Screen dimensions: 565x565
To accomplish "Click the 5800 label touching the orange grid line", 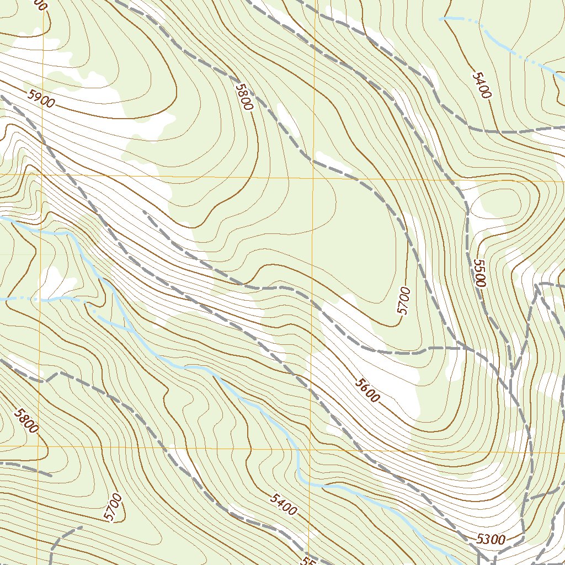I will (x=26, y=420).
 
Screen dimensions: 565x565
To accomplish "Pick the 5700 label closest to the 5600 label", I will (x=404, y=301).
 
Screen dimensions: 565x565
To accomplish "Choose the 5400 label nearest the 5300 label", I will (x=284, y=504).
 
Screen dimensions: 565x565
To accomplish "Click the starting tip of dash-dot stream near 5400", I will (x=440, y=19).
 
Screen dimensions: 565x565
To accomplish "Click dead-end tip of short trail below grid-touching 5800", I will (x=51, y=474).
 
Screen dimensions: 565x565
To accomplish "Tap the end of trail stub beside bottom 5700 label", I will (x=82, y=527).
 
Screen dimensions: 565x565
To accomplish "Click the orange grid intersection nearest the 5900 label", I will (x=42, y=175).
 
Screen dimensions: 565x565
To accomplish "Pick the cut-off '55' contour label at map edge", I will (x=309, y=558).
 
